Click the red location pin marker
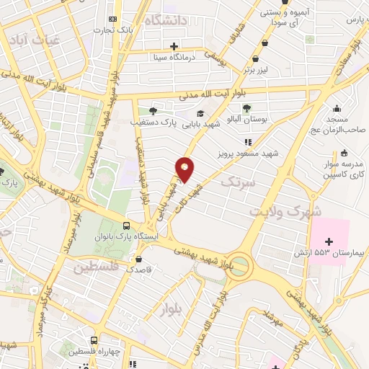185,169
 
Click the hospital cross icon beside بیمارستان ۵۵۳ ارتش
330,241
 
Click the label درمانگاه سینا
172,55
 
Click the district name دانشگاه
165,20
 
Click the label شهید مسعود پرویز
248,154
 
